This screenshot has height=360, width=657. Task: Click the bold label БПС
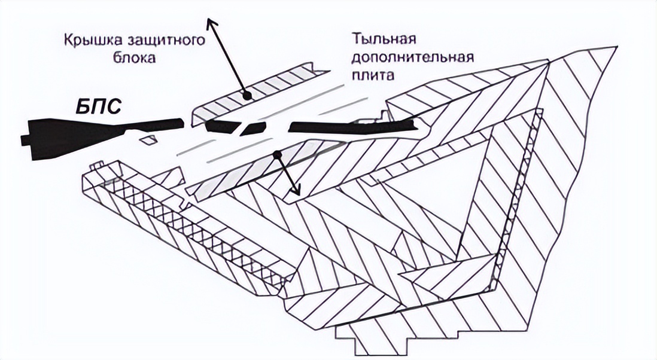[99, 106]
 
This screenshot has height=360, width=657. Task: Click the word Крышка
[90, 41]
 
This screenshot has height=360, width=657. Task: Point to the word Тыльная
[384, 39]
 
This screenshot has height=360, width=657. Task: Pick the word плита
[373, 75]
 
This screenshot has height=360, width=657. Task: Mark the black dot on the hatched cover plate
[247, 96]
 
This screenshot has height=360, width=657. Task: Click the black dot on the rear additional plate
[276, 155]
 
